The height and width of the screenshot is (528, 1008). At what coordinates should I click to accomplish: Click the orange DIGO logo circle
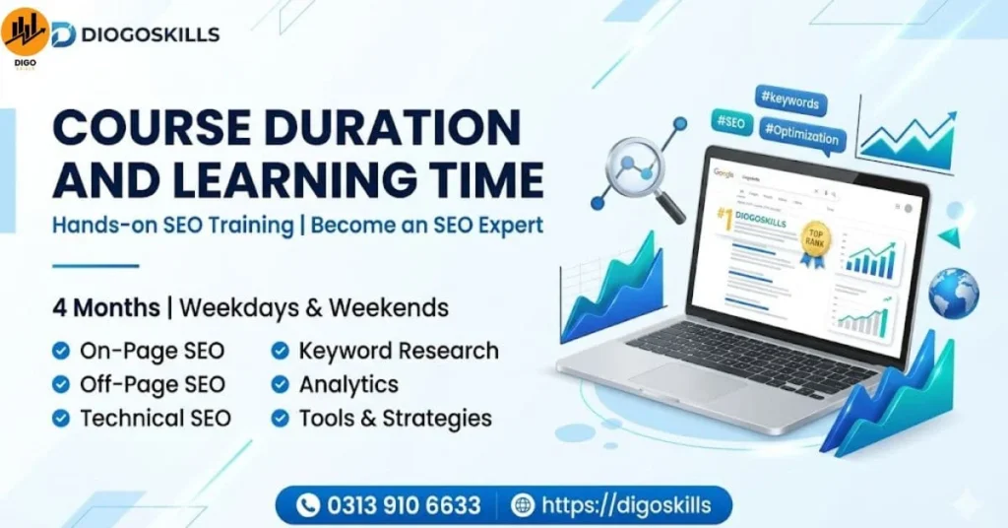pos(25,32)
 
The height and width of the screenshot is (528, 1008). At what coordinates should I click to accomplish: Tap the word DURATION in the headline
pos(385,130)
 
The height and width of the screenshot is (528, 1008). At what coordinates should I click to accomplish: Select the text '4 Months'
pos(106,307)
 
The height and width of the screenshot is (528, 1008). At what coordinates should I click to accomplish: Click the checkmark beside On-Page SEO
pos(61,351)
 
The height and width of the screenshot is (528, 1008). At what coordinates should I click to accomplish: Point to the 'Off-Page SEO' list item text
pos(153,384)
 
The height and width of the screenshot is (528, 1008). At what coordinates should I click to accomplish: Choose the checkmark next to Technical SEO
pos(61,418)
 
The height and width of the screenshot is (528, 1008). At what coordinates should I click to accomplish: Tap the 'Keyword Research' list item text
pos(399,351)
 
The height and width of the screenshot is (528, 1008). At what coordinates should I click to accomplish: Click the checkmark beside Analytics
pos(281,384)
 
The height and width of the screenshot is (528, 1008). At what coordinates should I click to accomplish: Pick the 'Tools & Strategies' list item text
pos(395,418)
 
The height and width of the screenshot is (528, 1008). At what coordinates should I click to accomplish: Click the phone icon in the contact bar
pos(308,506)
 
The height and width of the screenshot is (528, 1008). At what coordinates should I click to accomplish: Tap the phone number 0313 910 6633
pos(404,506)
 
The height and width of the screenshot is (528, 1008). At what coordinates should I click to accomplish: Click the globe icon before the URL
pos(523,506)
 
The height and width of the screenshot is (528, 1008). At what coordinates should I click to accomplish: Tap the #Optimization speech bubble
pos(802,137)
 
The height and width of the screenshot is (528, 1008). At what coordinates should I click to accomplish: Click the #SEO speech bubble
pos(730,123)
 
